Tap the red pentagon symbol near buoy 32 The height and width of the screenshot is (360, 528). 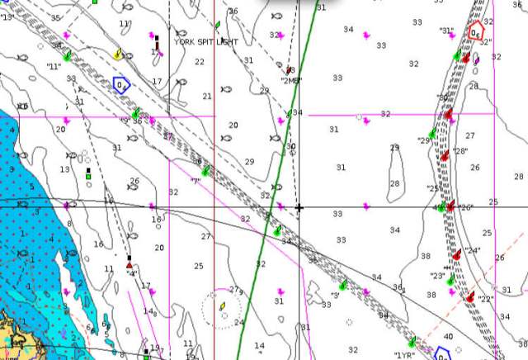tap(474, 32)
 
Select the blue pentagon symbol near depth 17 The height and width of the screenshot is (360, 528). tap(121, 83)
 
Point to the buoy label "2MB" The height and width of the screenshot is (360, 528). tap(291, 81)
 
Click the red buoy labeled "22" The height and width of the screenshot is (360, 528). tap(469, 296)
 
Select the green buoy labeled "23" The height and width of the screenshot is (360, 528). tap(450, 281)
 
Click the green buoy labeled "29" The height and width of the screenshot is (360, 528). tap(431, 134)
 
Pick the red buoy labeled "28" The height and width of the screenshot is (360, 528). tap(444, 154)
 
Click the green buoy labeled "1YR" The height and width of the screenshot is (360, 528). tap(412, 342)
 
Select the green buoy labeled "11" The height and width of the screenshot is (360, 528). tap(67, 55)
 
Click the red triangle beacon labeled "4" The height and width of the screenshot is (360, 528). tap(130, 264)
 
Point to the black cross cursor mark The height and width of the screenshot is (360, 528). tap(299, 207)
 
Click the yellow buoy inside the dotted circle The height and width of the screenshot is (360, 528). tap(222, 307)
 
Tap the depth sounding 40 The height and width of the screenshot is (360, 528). tap(448, 336)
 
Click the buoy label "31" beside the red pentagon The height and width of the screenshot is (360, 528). tap(447, 31)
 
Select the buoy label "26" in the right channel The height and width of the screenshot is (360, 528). tap(465, 207)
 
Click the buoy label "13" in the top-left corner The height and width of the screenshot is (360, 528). tap(7, 17)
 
